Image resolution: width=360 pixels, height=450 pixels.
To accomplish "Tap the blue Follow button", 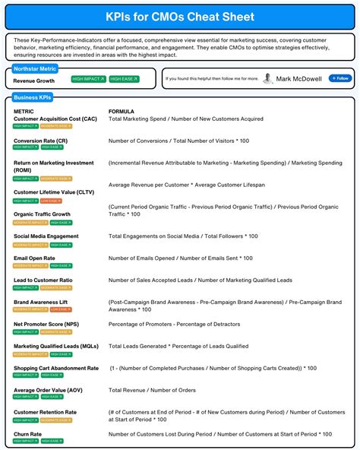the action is tap(339, 78).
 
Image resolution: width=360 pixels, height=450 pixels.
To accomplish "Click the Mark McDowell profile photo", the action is tap(268, 78).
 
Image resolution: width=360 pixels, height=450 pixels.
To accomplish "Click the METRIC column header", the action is tap(24, 111).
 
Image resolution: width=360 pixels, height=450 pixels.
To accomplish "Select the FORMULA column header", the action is tap(122, 111).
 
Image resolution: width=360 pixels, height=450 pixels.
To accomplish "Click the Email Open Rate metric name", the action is tap(34, 258).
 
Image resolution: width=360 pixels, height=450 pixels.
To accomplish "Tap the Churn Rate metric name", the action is tap(27, 434).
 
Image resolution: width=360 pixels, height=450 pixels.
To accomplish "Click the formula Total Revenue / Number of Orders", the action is tap(152, 390).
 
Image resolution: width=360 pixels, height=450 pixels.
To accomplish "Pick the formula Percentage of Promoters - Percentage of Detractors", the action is tap(180, 324).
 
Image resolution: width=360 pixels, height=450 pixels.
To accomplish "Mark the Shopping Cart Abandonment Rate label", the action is tap(56, 368).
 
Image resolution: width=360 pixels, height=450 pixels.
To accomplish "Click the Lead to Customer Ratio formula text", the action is tap(201, 280).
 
